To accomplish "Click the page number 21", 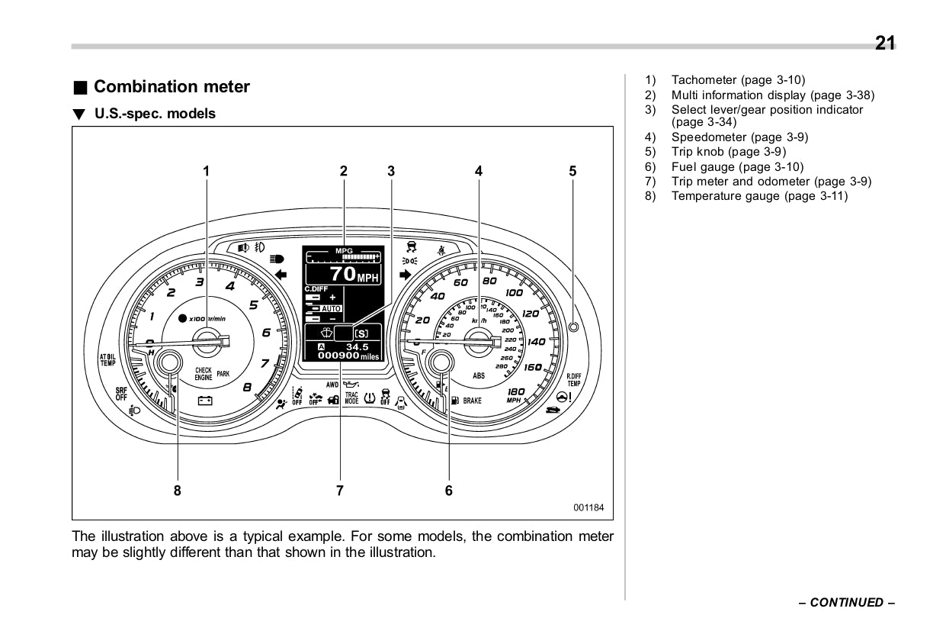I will click(885, 43).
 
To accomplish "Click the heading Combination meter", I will click(172, 87).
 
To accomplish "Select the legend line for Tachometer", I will click(737, 80).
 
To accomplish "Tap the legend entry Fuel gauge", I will click(737, 167).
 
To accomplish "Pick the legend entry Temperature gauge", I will click(758, 196).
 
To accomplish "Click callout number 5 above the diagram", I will click(573, 172).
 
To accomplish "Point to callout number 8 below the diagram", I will click(178, 491).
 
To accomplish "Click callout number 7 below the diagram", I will click(341, 491).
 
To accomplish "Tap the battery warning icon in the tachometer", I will click(205, 400).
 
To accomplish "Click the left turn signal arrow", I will click(281, 273).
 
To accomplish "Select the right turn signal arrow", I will click(405, 273).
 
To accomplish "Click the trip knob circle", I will click(574, 327).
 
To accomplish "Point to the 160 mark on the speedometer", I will click(533, 367).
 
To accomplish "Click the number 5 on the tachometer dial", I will click(254, 305).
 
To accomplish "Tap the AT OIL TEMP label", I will click(107, 359).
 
